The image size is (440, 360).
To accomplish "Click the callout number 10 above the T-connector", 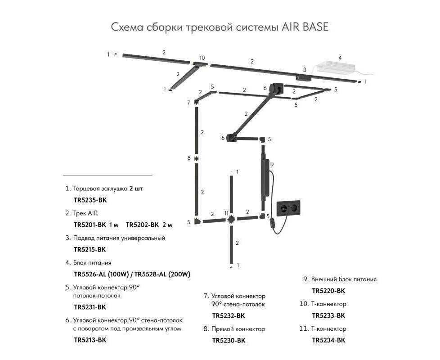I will [202, 58].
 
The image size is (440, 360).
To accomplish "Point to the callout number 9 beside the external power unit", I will [272, 165].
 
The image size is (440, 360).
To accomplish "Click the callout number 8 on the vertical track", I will [189, 158].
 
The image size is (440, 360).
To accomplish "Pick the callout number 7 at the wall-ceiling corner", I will [189, 103].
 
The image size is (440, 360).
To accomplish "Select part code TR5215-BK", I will [90, 249].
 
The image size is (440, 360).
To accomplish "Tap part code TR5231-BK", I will [90, 307].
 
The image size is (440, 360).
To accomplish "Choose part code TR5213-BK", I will [90, 340].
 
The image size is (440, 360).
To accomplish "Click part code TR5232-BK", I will [229, 316].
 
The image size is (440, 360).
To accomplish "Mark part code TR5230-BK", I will [229, 341].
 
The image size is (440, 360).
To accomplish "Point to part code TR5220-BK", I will [328, 291].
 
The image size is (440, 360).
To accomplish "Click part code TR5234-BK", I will [328, 340].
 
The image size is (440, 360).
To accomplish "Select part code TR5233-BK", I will [328, 315].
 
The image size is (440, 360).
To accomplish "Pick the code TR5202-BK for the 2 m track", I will [143, 225].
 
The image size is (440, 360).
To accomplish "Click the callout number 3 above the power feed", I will [305, 70].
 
